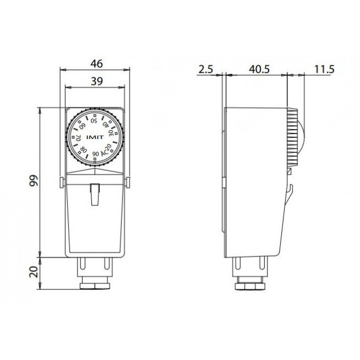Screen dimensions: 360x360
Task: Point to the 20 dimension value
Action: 34,272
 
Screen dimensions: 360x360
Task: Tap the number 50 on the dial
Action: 94,120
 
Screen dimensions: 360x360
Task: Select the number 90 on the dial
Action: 95,154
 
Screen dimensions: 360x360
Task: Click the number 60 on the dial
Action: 83,126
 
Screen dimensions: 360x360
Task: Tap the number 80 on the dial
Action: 84,150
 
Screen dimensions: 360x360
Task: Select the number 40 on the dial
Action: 106,124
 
